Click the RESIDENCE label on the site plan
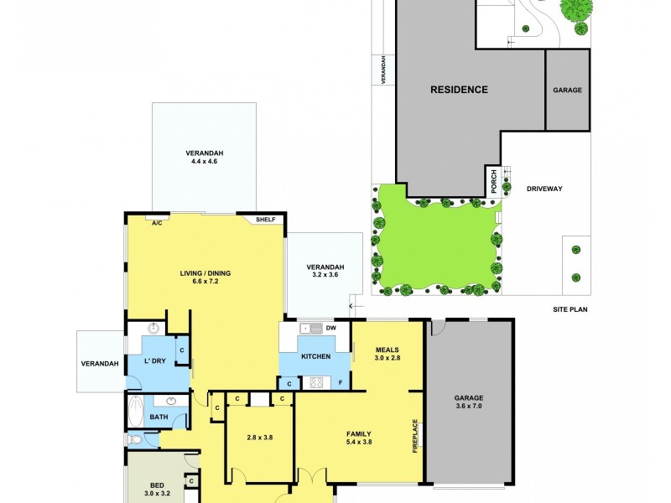pos(459,90)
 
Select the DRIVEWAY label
pos(544,189)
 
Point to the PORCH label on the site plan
pos(494,181)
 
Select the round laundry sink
pos(154,329)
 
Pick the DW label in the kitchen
pos(330,328)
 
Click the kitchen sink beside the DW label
pos(306,328)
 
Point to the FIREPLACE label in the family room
pos(415,436)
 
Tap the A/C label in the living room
pos(157,223)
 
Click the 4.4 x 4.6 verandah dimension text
pos(205,163)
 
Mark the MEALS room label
pos(387,350)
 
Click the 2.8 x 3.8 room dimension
pos(259,437)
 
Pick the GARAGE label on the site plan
pos(567,90)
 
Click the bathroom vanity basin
pos(178,401)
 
